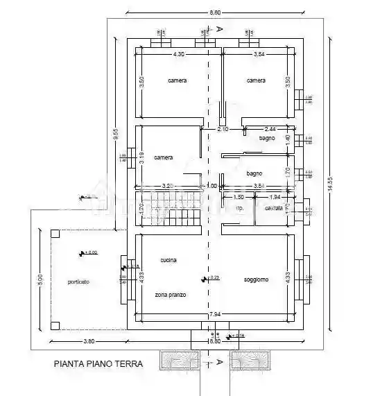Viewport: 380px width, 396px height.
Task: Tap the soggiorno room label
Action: (256, 279)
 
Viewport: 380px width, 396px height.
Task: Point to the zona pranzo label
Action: (170, 294)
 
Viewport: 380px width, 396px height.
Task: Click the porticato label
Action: (78, 282)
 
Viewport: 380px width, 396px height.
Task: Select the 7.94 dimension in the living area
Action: (214, 313)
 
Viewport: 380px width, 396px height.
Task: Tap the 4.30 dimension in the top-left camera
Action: (178, 53)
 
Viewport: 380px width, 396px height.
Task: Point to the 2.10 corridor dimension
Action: (223, 129)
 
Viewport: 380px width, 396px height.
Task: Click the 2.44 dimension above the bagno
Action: (270, 129)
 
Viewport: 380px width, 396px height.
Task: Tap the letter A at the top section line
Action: (219, 29)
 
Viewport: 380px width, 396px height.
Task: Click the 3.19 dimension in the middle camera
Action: (142, 157)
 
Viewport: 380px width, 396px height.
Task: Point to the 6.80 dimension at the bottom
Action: (214, 341)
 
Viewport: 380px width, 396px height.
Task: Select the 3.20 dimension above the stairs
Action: (167, 186)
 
